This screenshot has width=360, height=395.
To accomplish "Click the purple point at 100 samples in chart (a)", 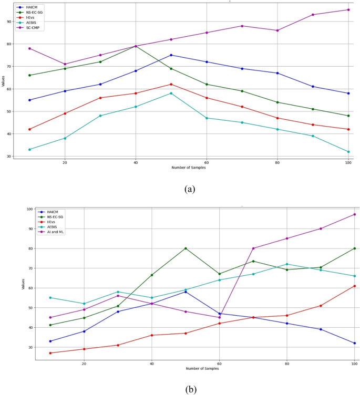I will [x=348, y=9].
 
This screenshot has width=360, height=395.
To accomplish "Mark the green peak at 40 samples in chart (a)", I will [x=136, y=46].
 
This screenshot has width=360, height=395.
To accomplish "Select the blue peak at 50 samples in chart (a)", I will [x=171, y=55].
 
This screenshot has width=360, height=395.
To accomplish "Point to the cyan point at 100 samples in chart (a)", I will [x=348, y=152].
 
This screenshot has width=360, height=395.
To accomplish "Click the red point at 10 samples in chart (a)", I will [x=29, y=129].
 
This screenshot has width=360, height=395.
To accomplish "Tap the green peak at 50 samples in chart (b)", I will [x=186, y=248].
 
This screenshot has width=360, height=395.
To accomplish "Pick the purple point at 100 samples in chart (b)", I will [x=354, y=214].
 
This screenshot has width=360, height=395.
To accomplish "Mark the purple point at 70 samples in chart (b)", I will [x=253, y=248].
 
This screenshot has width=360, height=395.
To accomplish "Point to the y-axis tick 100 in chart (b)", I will [x=29, y=209].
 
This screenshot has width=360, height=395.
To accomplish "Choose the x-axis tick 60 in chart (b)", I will [x=219, y=363].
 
